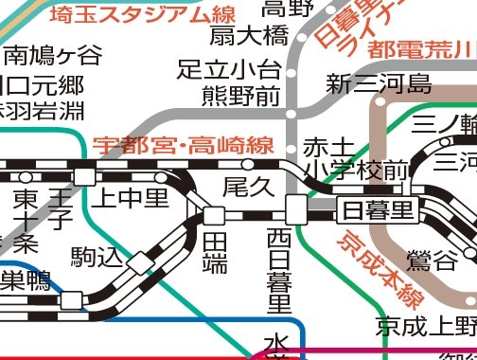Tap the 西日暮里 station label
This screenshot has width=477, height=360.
tap(278, 270)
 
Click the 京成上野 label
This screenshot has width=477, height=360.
tap(425, 327)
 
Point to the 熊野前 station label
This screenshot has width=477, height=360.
tap(241, 96)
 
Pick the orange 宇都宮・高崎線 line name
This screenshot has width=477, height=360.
tap(184, 146)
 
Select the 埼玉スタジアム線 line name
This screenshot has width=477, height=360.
tap(142, 14)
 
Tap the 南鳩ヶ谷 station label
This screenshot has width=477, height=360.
tap(53, 53)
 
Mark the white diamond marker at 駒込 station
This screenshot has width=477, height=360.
tap(140, 262)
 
